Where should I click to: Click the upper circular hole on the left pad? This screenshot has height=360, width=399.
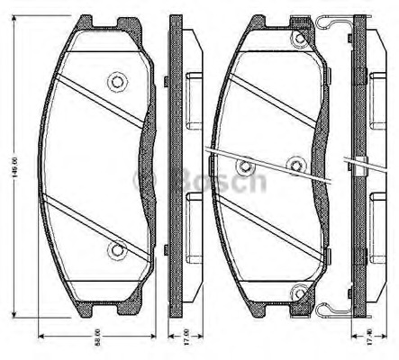click(115, 82)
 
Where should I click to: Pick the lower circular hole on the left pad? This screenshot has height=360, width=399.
click(115, 249)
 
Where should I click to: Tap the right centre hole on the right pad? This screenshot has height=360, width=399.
click(296, 163)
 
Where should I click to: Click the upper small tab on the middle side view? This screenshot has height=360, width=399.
click(167, 83)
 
